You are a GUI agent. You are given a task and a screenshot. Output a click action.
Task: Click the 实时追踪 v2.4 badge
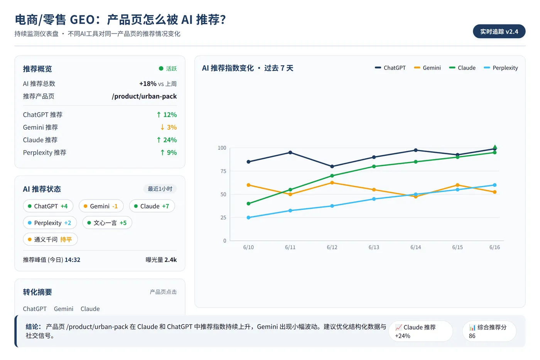click(x=499, y=31)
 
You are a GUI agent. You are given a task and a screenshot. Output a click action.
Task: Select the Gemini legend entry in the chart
click(x=427, y=68)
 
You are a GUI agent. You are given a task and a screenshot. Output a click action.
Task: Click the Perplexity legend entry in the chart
click(x=501, y=68)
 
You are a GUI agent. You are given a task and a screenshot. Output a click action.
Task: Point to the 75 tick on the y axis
click(x=223, y=171)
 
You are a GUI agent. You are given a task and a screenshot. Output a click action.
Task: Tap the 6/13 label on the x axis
click(x=374, y=247)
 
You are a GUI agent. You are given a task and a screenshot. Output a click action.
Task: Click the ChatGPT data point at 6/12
click(x=332, y=166)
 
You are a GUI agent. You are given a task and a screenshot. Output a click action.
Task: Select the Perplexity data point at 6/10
click(x=248, y=218)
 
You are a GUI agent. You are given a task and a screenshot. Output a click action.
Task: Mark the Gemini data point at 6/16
click(x=494, y=192)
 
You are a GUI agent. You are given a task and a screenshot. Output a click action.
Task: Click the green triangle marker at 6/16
click(x=494, y=147)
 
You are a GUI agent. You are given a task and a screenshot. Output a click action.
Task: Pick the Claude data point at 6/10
click(x=248, y=203)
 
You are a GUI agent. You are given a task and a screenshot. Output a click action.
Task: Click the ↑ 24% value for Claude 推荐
click(x=167, y=140)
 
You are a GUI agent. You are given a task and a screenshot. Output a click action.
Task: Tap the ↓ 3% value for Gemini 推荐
click(x=169, y=127)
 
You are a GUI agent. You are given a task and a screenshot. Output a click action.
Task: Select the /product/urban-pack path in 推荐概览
click(x=144, y=96)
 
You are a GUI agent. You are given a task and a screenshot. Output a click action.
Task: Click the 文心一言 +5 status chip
click(x=107, y=223)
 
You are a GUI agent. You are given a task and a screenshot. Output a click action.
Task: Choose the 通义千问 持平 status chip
click(x=51, y=240)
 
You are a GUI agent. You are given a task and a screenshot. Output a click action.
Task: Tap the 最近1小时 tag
click(x=160, y=189)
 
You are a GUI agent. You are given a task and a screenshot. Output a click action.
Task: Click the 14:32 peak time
click(x=73, y=260)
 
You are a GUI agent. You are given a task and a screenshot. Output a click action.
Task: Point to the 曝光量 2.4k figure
click(x=161, y=260)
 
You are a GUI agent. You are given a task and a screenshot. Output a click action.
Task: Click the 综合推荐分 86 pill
click(x=489, y=331)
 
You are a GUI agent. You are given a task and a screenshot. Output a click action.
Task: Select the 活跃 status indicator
click(x=168, y=69)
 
